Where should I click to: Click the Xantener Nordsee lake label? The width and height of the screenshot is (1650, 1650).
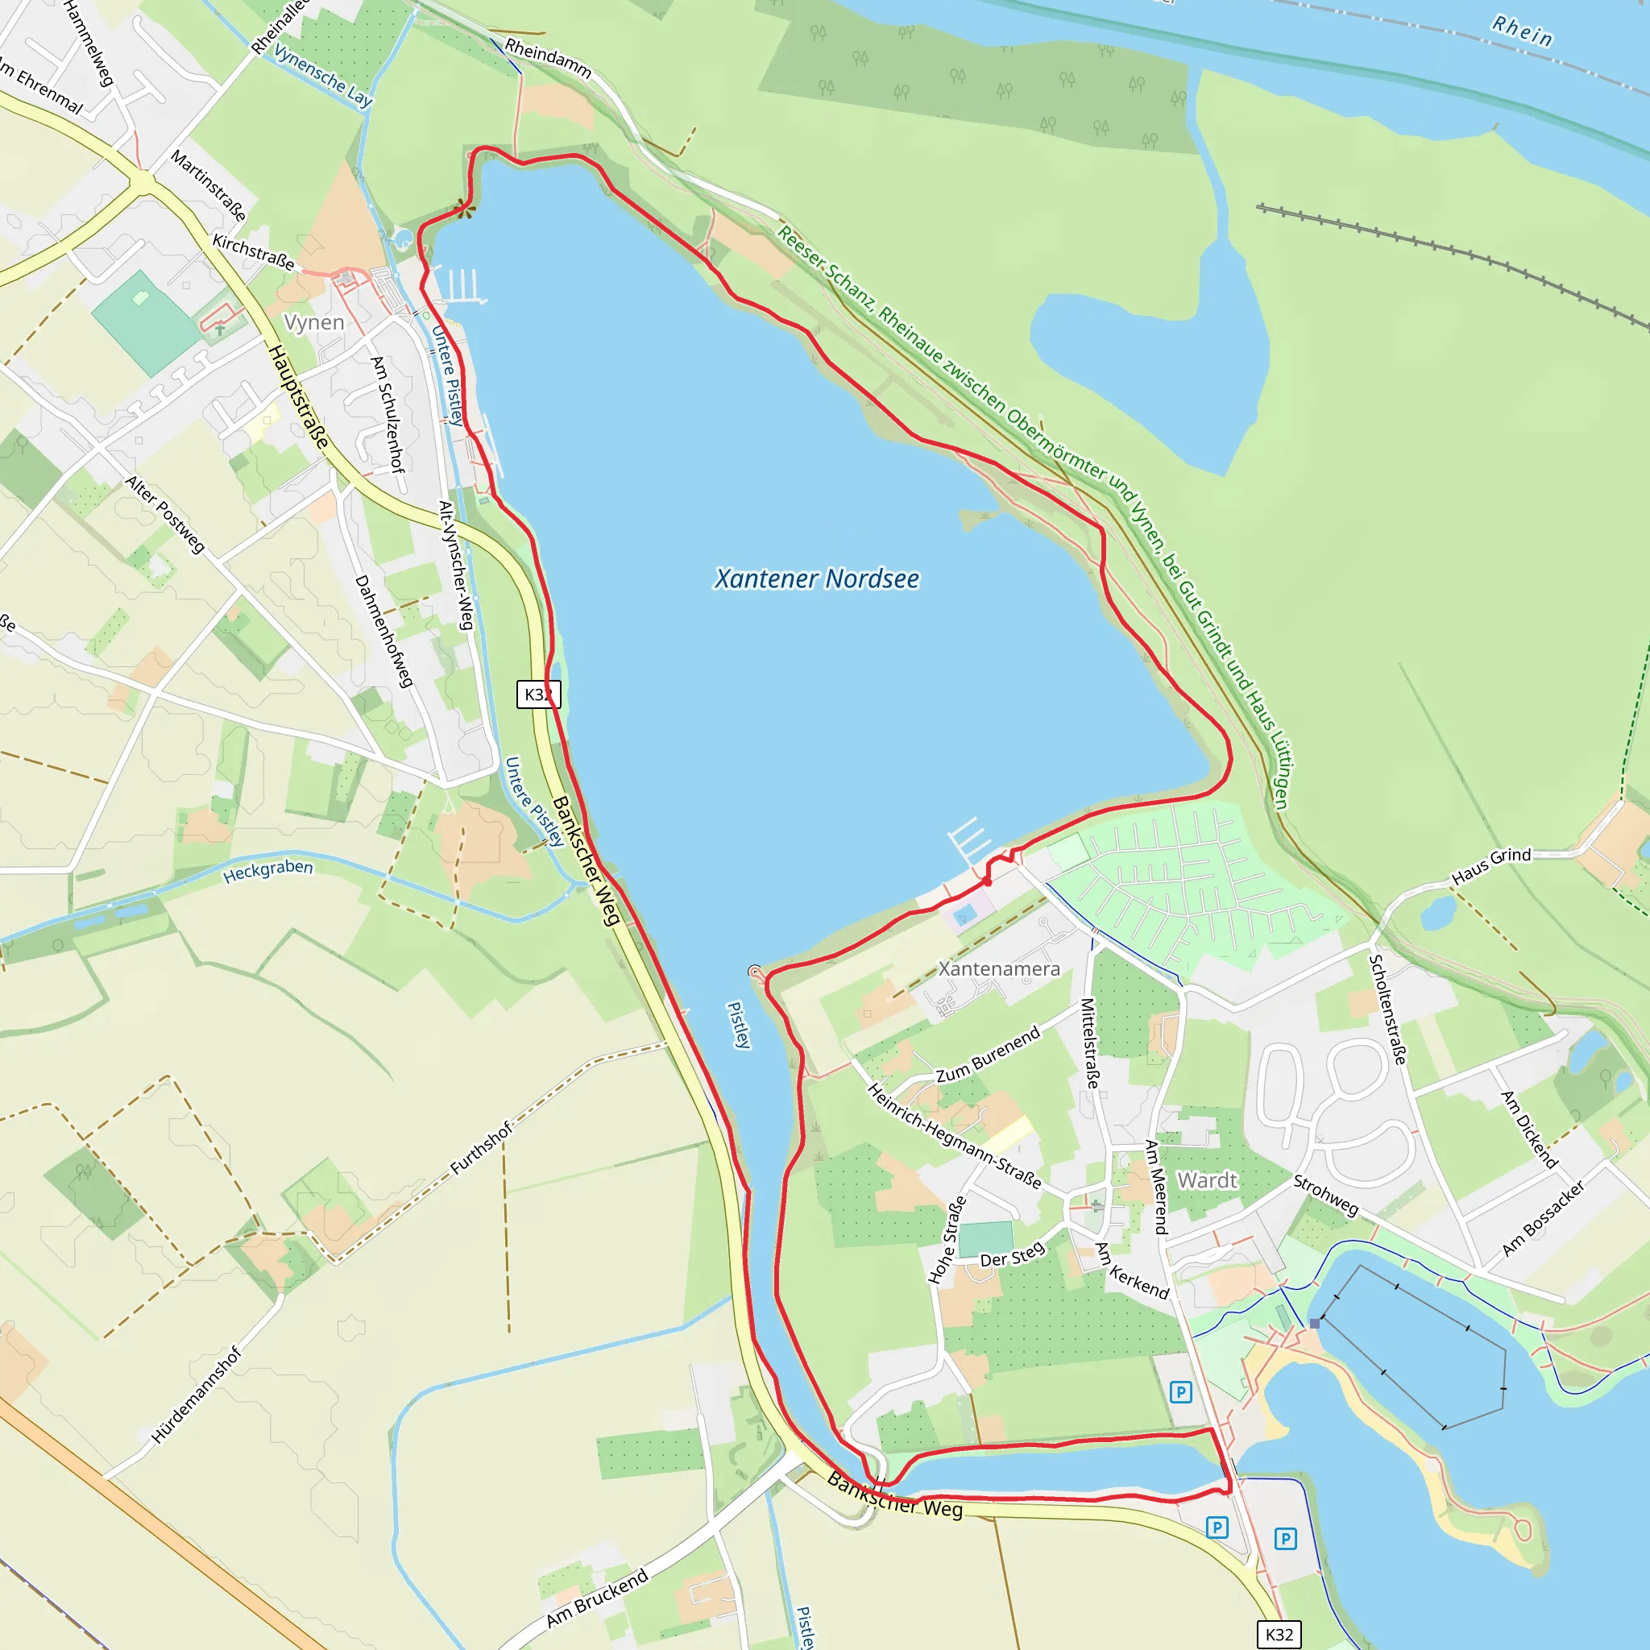(x=816, y=579)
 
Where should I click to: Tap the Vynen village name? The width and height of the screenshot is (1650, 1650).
(x=314, y=322)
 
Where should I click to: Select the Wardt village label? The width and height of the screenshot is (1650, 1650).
(x=1207, y=1180)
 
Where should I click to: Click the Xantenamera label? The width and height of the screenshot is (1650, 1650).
(x=999, y=968)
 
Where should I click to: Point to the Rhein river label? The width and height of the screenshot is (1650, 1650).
(x=1522, y=31)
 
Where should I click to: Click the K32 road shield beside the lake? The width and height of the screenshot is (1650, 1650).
(x=538, y=694)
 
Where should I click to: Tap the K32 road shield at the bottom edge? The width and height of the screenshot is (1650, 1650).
(x=1279, y=1634)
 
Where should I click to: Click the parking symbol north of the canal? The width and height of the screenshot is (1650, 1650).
(x=1180, y=1393)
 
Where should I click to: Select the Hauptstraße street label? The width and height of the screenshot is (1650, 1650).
(x=299, y=396)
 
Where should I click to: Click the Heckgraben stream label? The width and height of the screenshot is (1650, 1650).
(x=268, y=871)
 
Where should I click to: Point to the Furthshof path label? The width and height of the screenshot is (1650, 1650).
(x=482, y=1148)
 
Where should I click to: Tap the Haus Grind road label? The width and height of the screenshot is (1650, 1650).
(x=1491, y=866)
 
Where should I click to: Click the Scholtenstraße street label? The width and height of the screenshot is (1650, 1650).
(x=1387, y=1009)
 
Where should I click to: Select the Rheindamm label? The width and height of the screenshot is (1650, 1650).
(x=549, y=58)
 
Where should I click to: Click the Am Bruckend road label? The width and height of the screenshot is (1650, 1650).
(x=598, y=1597)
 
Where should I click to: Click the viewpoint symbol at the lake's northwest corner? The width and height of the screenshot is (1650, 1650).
(x=463, y=208)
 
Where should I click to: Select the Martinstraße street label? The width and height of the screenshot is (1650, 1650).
(x=209, y=184)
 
